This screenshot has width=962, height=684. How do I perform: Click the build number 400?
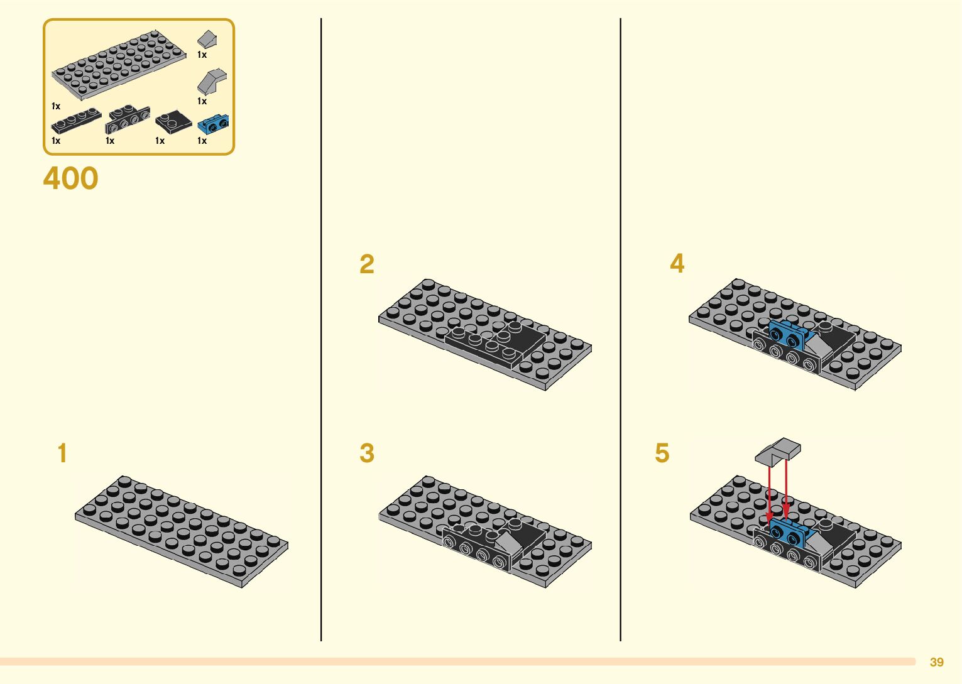(x=70, y=178)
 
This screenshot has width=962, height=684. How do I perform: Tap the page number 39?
(x=936, y=662)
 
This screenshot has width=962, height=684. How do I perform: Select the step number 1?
(x=62, y=453)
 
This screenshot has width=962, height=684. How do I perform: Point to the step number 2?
(x=367, y=264)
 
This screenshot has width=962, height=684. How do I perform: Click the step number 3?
(x=367, y=453)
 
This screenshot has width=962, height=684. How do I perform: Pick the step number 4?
(x=677, y=263)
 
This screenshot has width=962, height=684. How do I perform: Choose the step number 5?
(x=662, y=453)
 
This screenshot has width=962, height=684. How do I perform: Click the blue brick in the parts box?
(x=213, y=124)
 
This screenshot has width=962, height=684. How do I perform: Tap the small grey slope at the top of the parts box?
(x=208, y=39)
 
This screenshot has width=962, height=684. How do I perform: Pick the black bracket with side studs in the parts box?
(x=128, y=119)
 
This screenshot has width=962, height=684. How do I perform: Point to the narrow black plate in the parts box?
(x=76, y=121)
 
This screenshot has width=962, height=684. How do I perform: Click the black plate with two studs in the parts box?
(x=173, y=121)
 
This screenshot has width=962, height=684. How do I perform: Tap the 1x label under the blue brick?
(x=202, y=141)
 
